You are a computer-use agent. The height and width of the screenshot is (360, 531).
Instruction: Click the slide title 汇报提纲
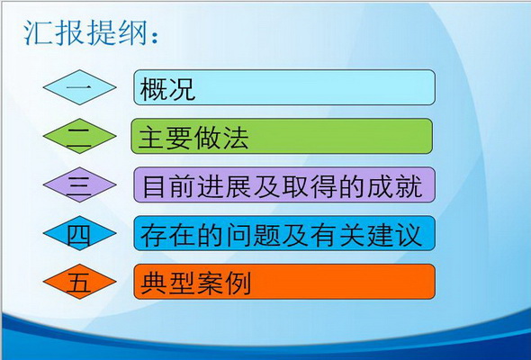coord(86,33)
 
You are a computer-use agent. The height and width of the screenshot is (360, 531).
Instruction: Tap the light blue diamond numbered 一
coord(80,87)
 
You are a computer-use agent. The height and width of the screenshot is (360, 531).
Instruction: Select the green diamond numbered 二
coord(80,136)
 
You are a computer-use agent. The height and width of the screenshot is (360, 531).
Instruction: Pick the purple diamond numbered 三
coord(80,184)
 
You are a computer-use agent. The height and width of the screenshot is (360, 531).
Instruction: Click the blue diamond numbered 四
coord(80,233)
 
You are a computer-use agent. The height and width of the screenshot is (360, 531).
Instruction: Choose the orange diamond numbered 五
coord(80,282)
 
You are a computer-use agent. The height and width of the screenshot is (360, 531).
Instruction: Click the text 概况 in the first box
coord(167,89)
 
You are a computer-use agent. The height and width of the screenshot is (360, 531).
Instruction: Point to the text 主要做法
coord(193,138)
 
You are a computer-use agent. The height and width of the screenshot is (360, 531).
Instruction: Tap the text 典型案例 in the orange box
coord(195,283)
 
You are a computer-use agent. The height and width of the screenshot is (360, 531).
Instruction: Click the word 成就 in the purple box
coord(395,186)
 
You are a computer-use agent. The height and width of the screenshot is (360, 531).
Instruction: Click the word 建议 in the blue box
coord(395,235)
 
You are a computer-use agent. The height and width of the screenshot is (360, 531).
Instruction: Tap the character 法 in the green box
coord(236,138)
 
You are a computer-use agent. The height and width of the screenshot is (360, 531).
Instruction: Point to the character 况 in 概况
coord(182,89)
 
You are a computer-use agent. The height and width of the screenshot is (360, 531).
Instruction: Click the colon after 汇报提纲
coord(155,37)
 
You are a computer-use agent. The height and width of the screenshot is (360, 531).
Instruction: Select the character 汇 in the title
coord(37,33)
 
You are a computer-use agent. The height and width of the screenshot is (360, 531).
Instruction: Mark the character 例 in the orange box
coord(238,283)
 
